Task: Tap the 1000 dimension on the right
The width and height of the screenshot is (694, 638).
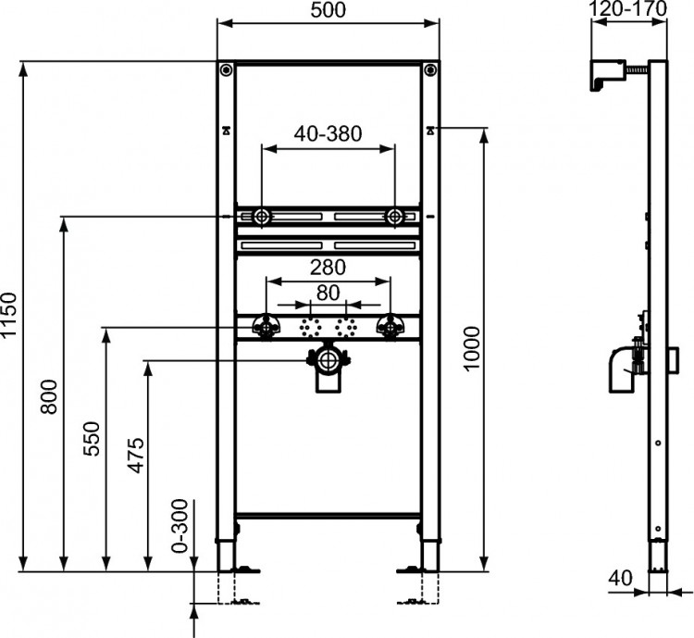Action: coord(472,348)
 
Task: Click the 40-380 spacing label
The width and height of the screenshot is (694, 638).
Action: coord(328,132)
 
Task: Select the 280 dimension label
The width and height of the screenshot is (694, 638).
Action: coord(328,268)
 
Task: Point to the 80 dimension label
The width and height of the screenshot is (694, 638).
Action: coord(328,292)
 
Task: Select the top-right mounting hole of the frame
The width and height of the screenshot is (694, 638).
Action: coord(429,69)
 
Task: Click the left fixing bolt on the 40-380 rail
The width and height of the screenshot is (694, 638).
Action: coord(262,217)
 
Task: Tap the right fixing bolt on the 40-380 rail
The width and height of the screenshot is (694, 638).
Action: coord(394,217)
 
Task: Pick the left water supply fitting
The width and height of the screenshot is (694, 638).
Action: coord(268,326)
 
